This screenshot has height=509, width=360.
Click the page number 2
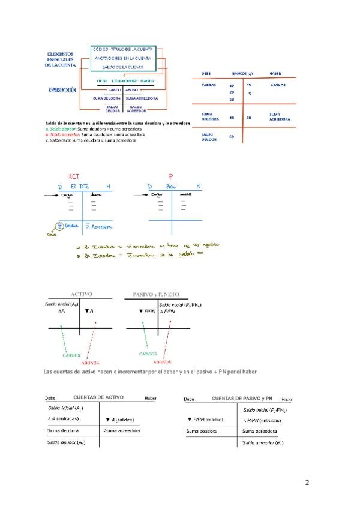[x=307, y=482]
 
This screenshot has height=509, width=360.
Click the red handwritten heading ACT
[x=74, y=176]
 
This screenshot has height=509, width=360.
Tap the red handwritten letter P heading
[x=170, y=176]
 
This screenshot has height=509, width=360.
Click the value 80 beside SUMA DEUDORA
[x=232, y=118]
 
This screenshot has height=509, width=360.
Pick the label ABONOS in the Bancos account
[x=278, y=85]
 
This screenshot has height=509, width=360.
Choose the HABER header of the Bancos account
[x=276, y=73]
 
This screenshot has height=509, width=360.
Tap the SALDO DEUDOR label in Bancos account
[x=209, y=137]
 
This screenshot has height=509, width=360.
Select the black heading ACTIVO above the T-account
[x=82, y=294]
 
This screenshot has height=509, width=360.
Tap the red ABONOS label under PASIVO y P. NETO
[x=162, y=362]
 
